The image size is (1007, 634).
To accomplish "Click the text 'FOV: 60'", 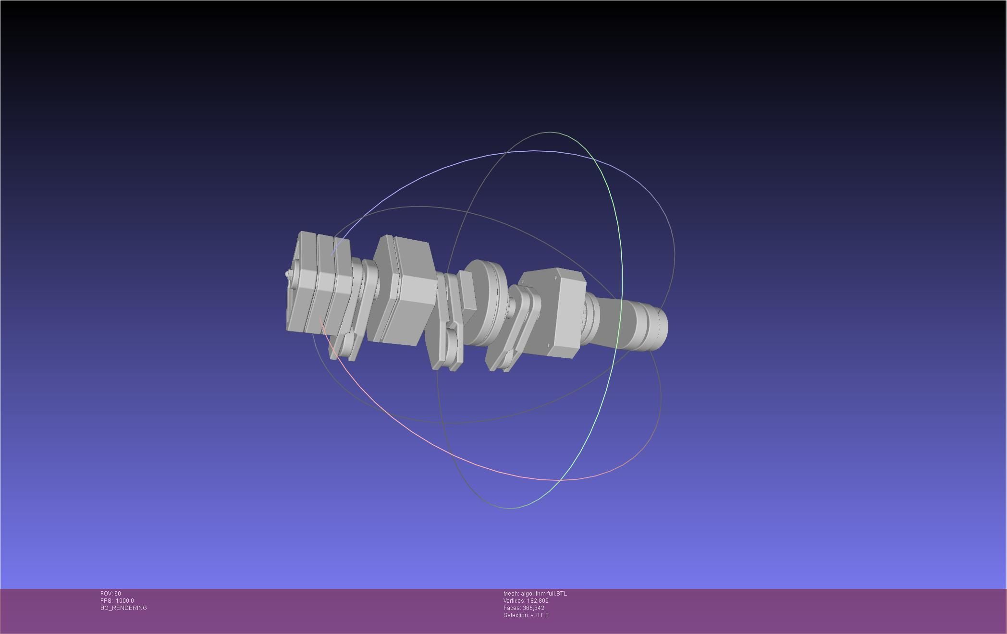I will tap(111, 594).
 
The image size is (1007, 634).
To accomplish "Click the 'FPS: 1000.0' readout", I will tap(117, 601).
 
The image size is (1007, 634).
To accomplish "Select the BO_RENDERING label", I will tap(123, 608).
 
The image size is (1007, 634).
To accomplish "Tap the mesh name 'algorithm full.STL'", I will tap(543, 594).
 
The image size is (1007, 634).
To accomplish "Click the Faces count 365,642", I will tap(533, 608).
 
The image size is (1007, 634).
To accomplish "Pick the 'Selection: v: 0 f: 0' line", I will tap(526, 615).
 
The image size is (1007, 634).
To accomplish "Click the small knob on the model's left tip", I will tap(288, 275).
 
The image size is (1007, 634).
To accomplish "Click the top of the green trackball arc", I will tap(550, 132).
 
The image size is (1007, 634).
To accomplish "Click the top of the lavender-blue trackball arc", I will tap(533, 151).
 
